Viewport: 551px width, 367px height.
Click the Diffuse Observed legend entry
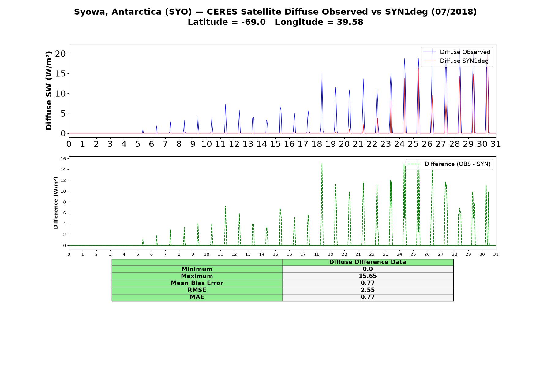pos(457,52)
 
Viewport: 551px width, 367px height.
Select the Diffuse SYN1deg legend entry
pos(456,61)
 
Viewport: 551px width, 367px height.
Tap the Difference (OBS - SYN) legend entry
pos(449,164)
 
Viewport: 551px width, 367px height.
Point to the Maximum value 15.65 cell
pos(368,276)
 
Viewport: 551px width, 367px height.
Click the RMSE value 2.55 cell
pos(368,290)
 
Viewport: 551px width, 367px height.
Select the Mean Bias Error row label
pos(197,283)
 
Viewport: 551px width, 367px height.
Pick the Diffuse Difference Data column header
pos(368,262)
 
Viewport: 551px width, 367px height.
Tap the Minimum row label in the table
pos(197,269)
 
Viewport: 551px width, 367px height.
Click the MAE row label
pos(197,297)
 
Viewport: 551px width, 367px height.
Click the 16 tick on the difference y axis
pos(63,158)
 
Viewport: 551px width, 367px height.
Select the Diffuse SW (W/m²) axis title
pos(49,91)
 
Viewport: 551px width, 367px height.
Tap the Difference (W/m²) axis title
pos(56,203)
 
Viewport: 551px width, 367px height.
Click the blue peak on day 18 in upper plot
pos(322,73)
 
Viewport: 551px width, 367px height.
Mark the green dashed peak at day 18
pos(322,164)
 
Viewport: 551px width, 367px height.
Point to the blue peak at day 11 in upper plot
pos(225,105)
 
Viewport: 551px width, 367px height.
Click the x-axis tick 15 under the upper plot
pos(275,144)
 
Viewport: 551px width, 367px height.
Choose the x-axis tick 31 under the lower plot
pos(496,254)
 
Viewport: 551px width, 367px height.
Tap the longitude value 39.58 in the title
pos(350,22)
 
